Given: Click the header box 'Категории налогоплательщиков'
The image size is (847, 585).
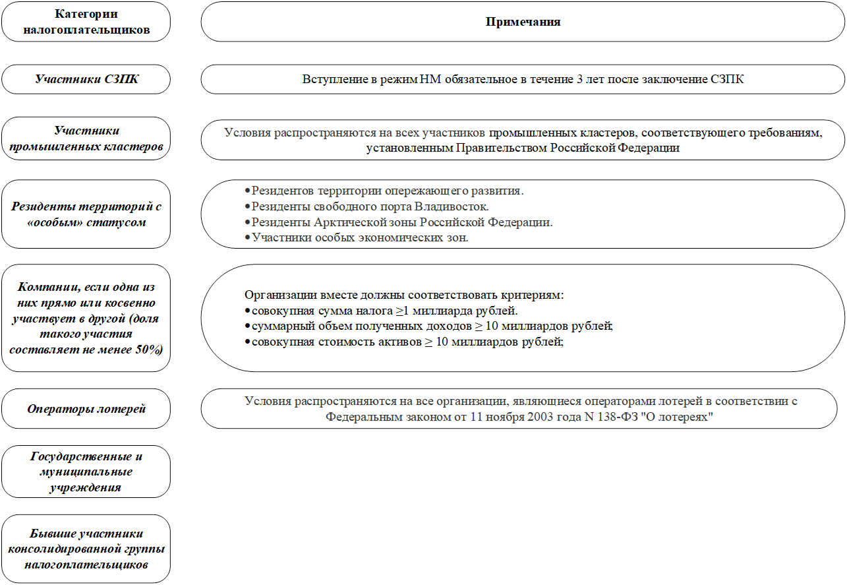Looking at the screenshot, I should (86, 22).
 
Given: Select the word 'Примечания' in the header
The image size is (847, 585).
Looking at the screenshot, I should (523, 22).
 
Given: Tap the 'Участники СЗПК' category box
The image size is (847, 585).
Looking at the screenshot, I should (86, 79).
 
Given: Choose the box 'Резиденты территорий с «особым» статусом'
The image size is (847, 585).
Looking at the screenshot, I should (86, 214).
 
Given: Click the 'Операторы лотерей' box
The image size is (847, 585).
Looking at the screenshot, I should (86, 409).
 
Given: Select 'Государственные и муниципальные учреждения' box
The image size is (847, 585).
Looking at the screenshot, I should (86, 472).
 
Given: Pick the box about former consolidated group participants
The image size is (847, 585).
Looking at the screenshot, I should (86, 549).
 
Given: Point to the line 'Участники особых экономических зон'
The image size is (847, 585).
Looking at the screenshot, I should (359, 237).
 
